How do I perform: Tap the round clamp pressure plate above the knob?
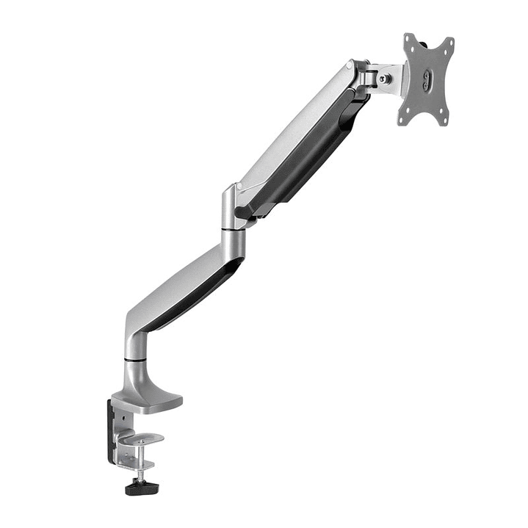pyautogui.click(x=140, y=438)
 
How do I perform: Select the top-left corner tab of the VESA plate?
pyautogui.click(x=410, y=38)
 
